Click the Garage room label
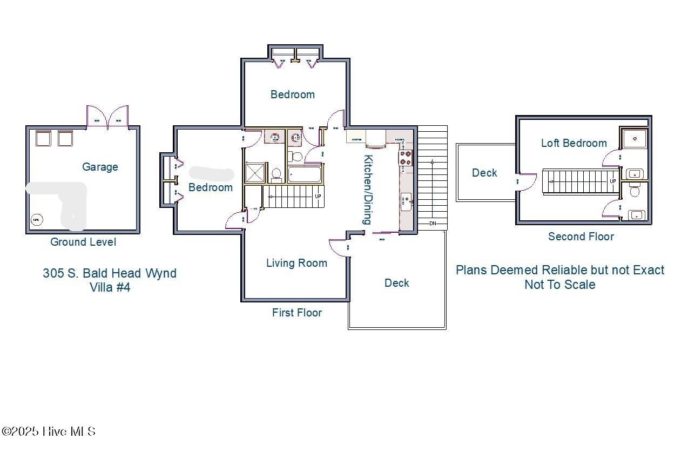pyautogui.click(x=100, y=167)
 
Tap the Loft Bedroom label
pyautogui.click(x=574, y=143)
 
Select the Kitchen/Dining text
pyautogui.click(x=368, y=190)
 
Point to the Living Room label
pyautogui.click(x=296, y=263)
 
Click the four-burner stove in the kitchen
pyautogui.click(x=406, y=158)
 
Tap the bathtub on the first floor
pyautogui.click(x=305, y=174)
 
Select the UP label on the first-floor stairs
pyautogui.click(x=318, y=196)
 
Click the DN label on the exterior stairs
pyautogui.click(x=433, y=223)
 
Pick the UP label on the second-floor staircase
pyautogui.click(x=613, y=181)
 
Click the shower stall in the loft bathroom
pyautogui.click(x=635, y=138)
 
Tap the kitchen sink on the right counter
pyautogui.click(x=406, y=201)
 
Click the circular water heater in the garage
pyautogui.click(x=36, y=219)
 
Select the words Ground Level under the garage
pyautogui.click(x=83, y=242)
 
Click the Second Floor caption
pyautogui.click(x=581, y=237)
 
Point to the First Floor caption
pyautogui.click(x=296, y=313)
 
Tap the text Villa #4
pyautogui.click(x=110, y=287)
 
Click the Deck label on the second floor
pyautogui.click(x=484, y=173)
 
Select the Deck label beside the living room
pyautogui.click(x=396, y=283)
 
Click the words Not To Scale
pyautogui.click(x=559, y=285)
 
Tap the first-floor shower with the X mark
pyautogui.click(x=254, y=173)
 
